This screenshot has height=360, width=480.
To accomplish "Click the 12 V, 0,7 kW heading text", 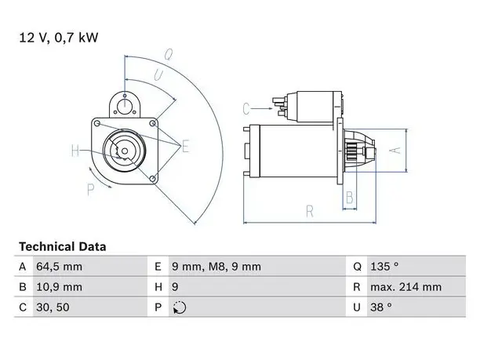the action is tap(59, 38).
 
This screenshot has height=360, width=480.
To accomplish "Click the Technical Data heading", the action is tap(63, 247).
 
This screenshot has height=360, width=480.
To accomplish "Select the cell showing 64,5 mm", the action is tap(59, 267).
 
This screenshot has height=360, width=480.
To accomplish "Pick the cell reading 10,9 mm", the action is tap(59, 287).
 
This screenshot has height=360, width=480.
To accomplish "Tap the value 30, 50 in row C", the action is tap(53, 307).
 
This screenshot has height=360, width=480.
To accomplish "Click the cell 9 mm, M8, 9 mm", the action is tap(216, 267).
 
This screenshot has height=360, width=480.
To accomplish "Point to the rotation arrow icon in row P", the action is tap(180, 307).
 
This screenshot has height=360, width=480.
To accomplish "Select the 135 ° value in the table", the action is tap(384, 267).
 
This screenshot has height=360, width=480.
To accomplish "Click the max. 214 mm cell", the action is tap(406, 287).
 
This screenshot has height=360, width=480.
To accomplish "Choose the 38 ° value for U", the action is tap(381, 307).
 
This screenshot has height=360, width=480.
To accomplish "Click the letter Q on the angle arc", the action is tap(168, 55).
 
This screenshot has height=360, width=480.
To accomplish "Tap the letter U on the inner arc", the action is tap(158, 75).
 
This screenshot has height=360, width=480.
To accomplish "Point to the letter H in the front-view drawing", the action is tap(75, 151).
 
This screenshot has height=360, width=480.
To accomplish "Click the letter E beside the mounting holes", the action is tap(185, 146).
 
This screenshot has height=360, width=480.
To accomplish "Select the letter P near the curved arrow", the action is tap(90, 190).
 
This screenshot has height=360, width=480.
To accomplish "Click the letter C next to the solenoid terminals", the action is tap(246, 109).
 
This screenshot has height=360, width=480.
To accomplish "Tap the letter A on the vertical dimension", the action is tap(395, 151).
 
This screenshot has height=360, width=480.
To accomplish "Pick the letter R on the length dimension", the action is tap(310, 212).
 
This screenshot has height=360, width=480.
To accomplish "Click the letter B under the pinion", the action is tap(350, 198).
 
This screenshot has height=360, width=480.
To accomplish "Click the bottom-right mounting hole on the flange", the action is tap(152, 179).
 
